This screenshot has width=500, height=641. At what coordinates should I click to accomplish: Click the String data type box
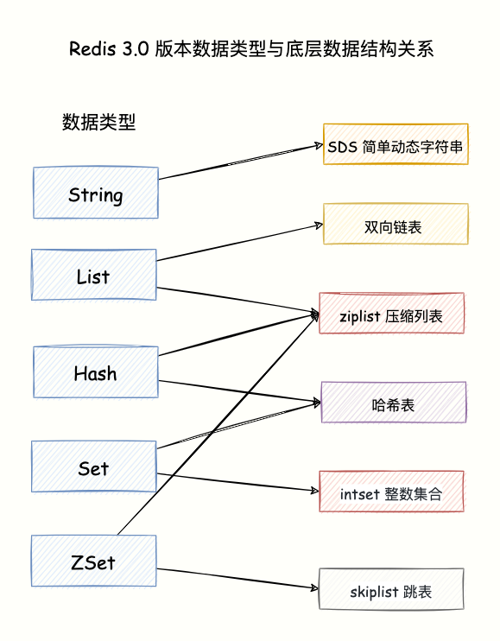[x=95, y=194]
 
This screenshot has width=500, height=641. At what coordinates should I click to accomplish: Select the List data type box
[x=93, y=276]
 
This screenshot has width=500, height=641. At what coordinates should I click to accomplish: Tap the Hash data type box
[x=95, y=372]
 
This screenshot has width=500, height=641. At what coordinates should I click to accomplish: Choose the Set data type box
[x=93, y=467]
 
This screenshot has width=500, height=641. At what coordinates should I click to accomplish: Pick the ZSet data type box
[x=93, y=562]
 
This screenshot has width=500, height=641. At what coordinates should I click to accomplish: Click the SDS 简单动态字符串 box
[x=396, y=146]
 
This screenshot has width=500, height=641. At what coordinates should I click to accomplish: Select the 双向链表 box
[x=396, y=226]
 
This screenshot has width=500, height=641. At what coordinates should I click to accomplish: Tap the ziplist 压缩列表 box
[x=392, y=315]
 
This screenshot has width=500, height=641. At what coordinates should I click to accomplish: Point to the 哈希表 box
[x=394, y=403]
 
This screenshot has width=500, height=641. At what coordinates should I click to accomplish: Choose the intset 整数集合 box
[x=392, y=493]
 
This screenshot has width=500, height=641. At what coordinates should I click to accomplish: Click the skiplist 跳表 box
[x=391, y=591]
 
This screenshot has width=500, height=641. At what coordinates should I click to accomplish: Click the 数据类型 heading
[x=98, y=122]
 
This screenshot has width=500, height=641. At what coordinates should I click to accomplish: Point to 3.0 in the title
[x=136, y=48]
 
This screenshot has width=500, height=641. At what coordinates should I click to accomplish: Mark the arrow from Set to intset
[x=237, y=481]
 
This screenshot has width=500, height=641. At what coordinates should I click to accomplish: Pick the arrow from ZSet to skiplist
[x=237, y=578]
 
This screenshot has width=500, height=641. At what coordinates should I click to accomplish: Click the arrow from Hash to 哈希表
[x=237, y=390]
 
